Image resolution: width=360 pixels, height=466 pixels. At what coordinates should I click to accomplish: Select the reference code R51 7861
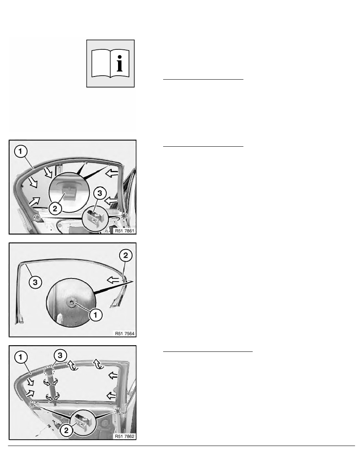pyautogui.click(x=124, y=231)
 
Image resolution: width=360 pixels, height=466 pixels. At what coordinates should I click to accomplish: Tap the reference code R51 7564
pyautogui.click(x=124, y=333)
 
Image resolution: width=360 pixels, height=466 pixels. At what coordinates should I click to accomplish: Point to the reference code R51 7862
pyautogui.click(x=124, y=436)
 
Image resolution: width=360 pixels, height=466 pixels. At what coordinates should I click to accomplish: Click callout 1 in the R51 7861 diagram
pyautogui.click(x=20, y=151)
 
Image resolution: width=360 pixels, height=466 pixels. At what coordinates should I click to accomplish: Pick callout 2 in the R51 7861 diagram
pyautogui.click(x=55, y=208)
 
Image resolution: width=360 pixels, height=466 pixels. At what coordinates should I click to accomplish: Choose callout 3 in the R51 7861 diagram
pyautogui.click(x=100, y=193)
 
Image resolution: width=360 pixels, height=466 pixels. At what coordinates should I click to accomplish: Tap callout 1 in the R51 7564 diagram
pyautogui.click(x=96, y=315)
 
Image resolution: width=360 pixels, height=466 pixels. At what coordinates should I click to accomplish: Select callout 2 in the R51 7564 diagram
pyautogui.click(x=125, y=255)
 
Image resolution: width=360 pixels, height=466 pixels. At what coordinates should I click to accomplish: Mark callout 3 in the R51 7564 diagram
pyautogui.click(x=35, y=282)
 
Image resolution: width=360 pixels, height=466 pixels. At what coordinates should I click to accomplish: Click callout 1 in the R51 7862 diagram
pyautogui.click(x=20, y=357)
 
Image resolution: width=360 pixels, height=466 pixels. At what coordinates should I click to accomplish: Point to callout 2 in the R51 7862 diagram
pyautogui.click(x=66, y=430)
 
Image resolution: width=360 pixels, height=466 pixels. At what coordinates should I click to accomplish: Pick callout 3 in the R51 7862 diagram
pyautogui.click(x=60, y=355)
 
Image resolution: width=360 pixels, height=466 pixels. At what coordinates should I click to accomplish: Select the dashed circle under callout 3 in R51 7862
pyautogui.click(x=48, y=371)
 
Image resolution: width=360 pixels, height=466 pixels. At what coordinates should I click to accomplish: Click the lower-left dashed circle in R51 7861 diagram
pyautogui.click(x=37, y=217)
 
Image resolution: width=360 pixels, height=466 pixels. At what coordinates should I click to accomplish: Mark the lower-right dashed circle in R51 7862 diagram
pyautogui.click(x=118, y=411)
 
